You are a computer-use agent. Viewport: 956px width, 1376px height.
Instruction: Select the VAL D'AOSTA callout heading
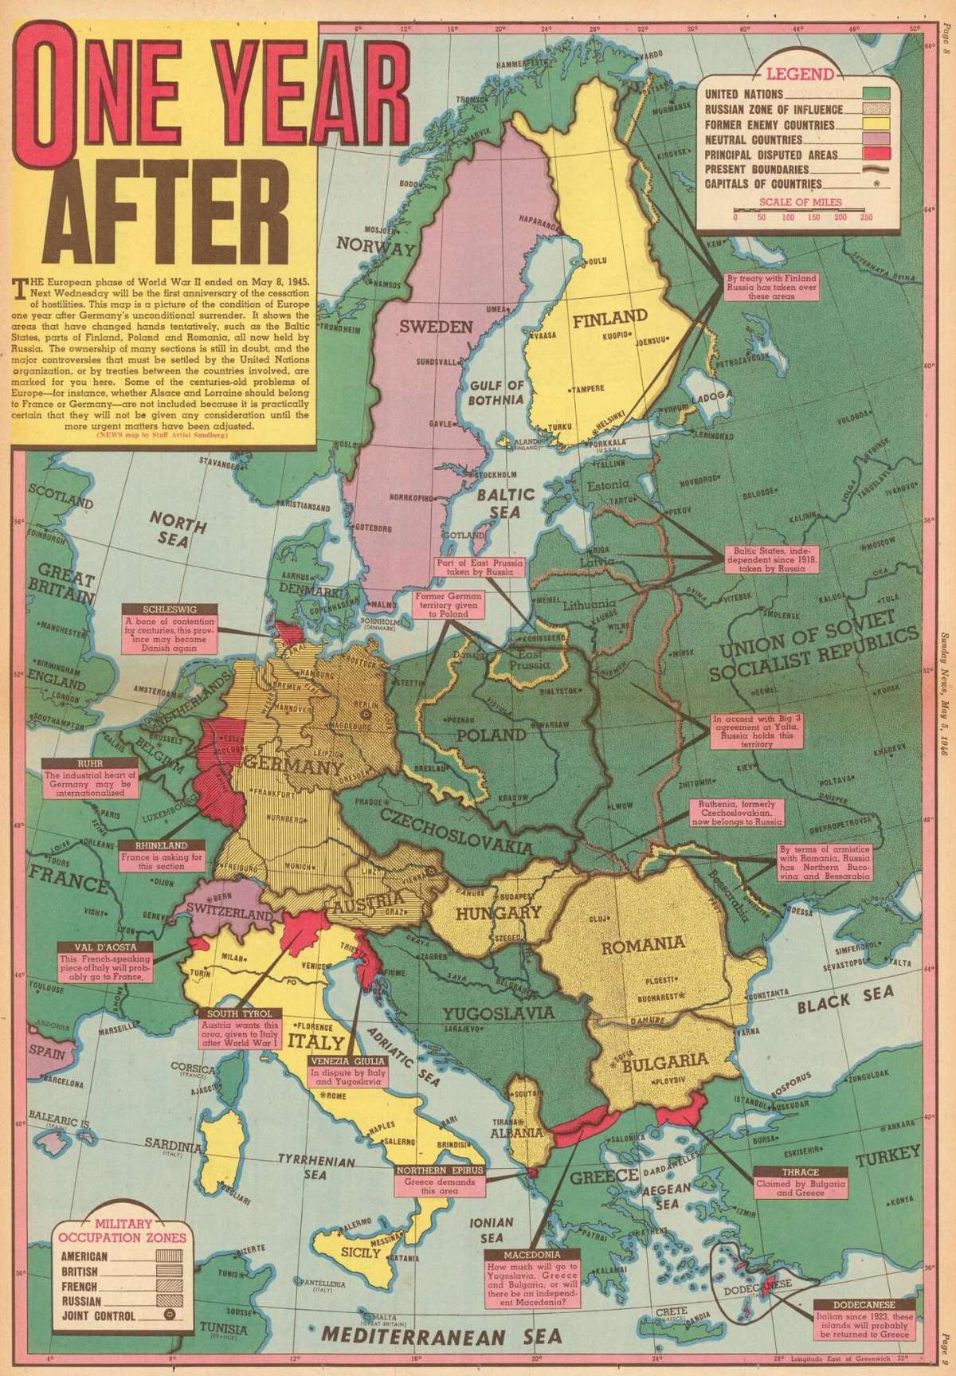click(101, 948)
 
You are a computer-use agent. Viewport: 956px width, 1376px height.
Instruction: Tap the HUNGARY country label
click(488, 913)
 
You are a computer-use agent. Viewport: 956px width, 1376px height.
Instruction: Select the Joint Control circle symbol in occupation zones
click(170, 1316)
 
